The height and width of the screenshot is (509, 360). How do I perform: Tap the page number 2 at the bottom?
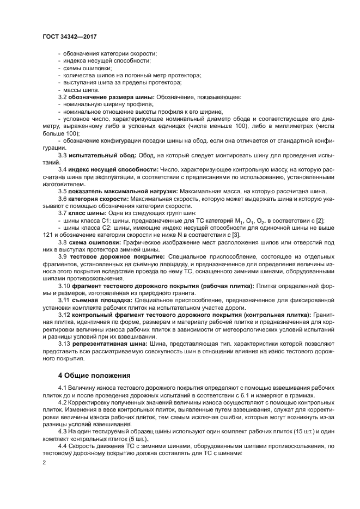click(45, 462)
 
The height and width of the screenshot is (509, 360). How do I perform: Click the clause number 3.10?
click(65, 285)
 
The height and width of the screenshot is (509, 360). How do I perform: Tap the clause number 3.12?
click(65, 314)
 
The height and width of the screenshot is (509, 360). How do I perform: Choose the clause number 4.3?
click(63, 430)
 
